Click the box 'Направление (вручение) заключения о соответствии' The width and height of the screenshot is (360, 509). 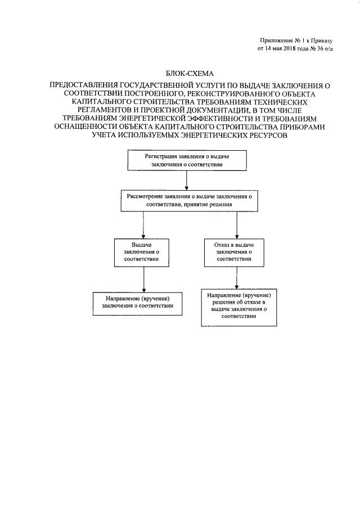[138, 301]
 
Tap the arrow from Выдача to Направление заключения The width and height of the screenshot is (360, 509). [145, 278]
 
